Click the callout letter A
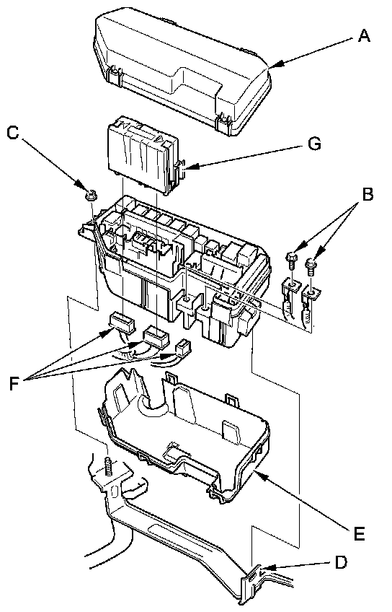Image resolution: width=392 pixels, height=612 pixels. click(x=363, y=36)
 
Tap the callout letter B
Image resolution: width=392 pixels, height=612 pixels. click(x=367, y=194)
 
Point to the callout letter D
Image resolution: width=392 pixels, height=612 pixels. click(x=341, y=562)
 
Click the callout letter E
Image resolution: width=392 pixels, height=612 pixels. click(x=358, y=533)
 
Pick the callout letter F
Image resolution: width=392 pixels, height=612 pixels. click(x=14, y=384)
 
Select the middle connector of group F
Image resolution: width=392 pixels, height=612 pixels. click(x=156, y=336)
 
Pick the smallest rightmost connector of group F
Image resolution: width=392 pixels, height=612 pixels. click(x=184, y=348)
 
